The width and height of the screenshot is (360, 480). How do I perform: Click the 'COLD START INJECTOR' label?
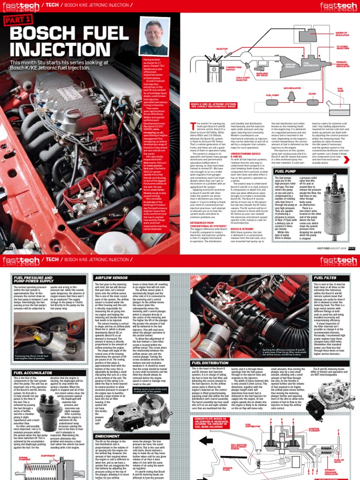click(x=243, y=79)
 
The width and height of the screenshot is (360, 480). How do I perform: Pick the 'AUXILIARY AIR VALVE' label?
click(x=262, y=74)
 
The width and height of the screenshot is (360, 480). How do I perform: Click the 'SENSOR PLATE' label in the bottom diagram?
click(x=228, y=469)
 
